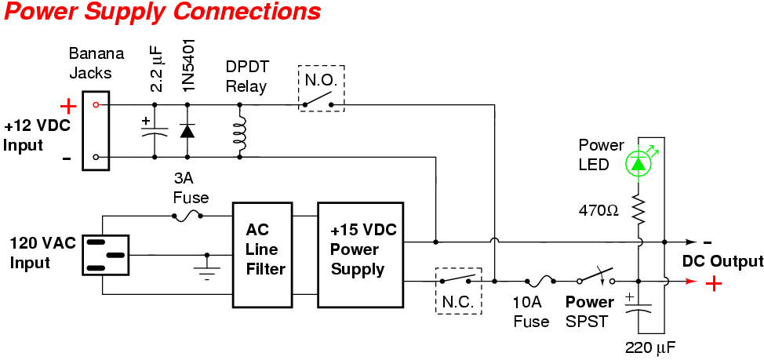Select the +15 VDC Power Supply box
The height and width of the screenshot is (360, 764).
pyautogui.click(x=359, y=254)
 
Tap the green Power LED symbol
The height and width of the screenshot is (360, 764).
pyautogui.click(x=637, y=163)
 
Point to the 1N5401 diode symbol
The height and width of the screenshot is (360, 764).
pyautogui.click(x=187, y=130)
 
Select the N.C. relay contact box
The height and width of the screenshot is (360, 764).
pyautogui.click(x=459, y=290)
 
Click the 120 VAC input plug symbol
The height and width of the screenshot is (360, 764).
pyautogui.click(x=106, y=255)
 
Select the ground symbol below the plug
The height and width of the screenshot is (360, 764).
pyautogui.click(x=207, y=272)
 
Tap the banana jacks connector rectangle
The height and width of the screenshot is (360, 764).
pyautogui.click(x=96, y=130)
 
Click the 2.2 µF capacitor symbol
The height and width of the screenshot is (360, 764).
pyautogui.click(x=155, y=129)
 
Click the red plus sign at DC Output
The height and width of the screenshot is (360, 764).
pyautogui.click(x=713, y=283)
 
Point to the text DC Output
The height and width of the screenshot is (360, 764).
pyautogui.click(x=722, y=261)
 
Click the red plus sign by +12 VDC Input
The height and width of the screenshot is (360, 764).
pyautogui.click(x=68, y=105)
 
